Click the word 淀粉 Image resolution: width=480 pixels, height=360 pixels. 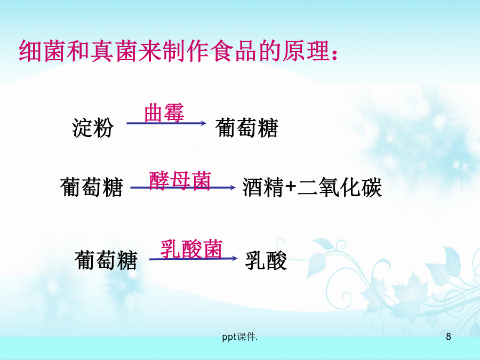(x=93, y=127)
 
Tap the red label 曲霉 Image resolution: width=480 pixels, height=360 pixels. (x=164, y=113)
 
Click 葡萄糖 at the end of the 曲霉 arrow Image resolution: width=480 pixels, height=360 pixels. (x=247, y=127)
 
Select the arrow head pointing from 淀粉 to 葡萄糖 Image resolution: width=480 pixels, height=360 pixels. (x=203, y=123)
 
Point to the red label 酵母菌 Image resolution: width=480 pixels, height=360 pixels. (x=180, y=181)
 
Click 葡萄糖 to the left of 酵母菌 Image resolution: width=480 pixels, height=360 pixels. (x=92, y=187)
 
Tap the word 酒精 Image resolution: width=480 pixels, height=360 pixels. (x=263, y=187)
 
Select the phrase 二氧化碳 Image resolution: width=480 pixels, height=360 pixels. (x=340, y=187)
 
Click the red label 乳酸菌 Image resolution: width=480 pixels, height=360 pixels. (x=191, y=249)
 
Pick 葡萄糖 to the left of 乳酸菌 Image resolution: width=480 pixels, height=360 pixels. (x=106, y=260)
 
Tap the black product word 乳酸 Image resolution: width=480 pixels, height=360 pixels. (x=266, y=260)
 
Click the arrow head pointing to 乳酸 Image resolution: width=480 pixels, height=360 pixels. (x=235, y=258)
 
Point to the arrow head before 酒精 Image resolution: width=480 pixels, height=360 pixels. (x=233, y=187)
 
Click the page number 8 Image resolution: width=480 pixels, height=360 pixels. (x=449, y=337)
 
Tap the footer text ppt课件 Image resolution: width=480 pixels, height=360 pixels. (x=239, y=337)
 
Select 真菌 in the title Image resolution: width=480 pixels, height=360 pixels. (x=114, y=51)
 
